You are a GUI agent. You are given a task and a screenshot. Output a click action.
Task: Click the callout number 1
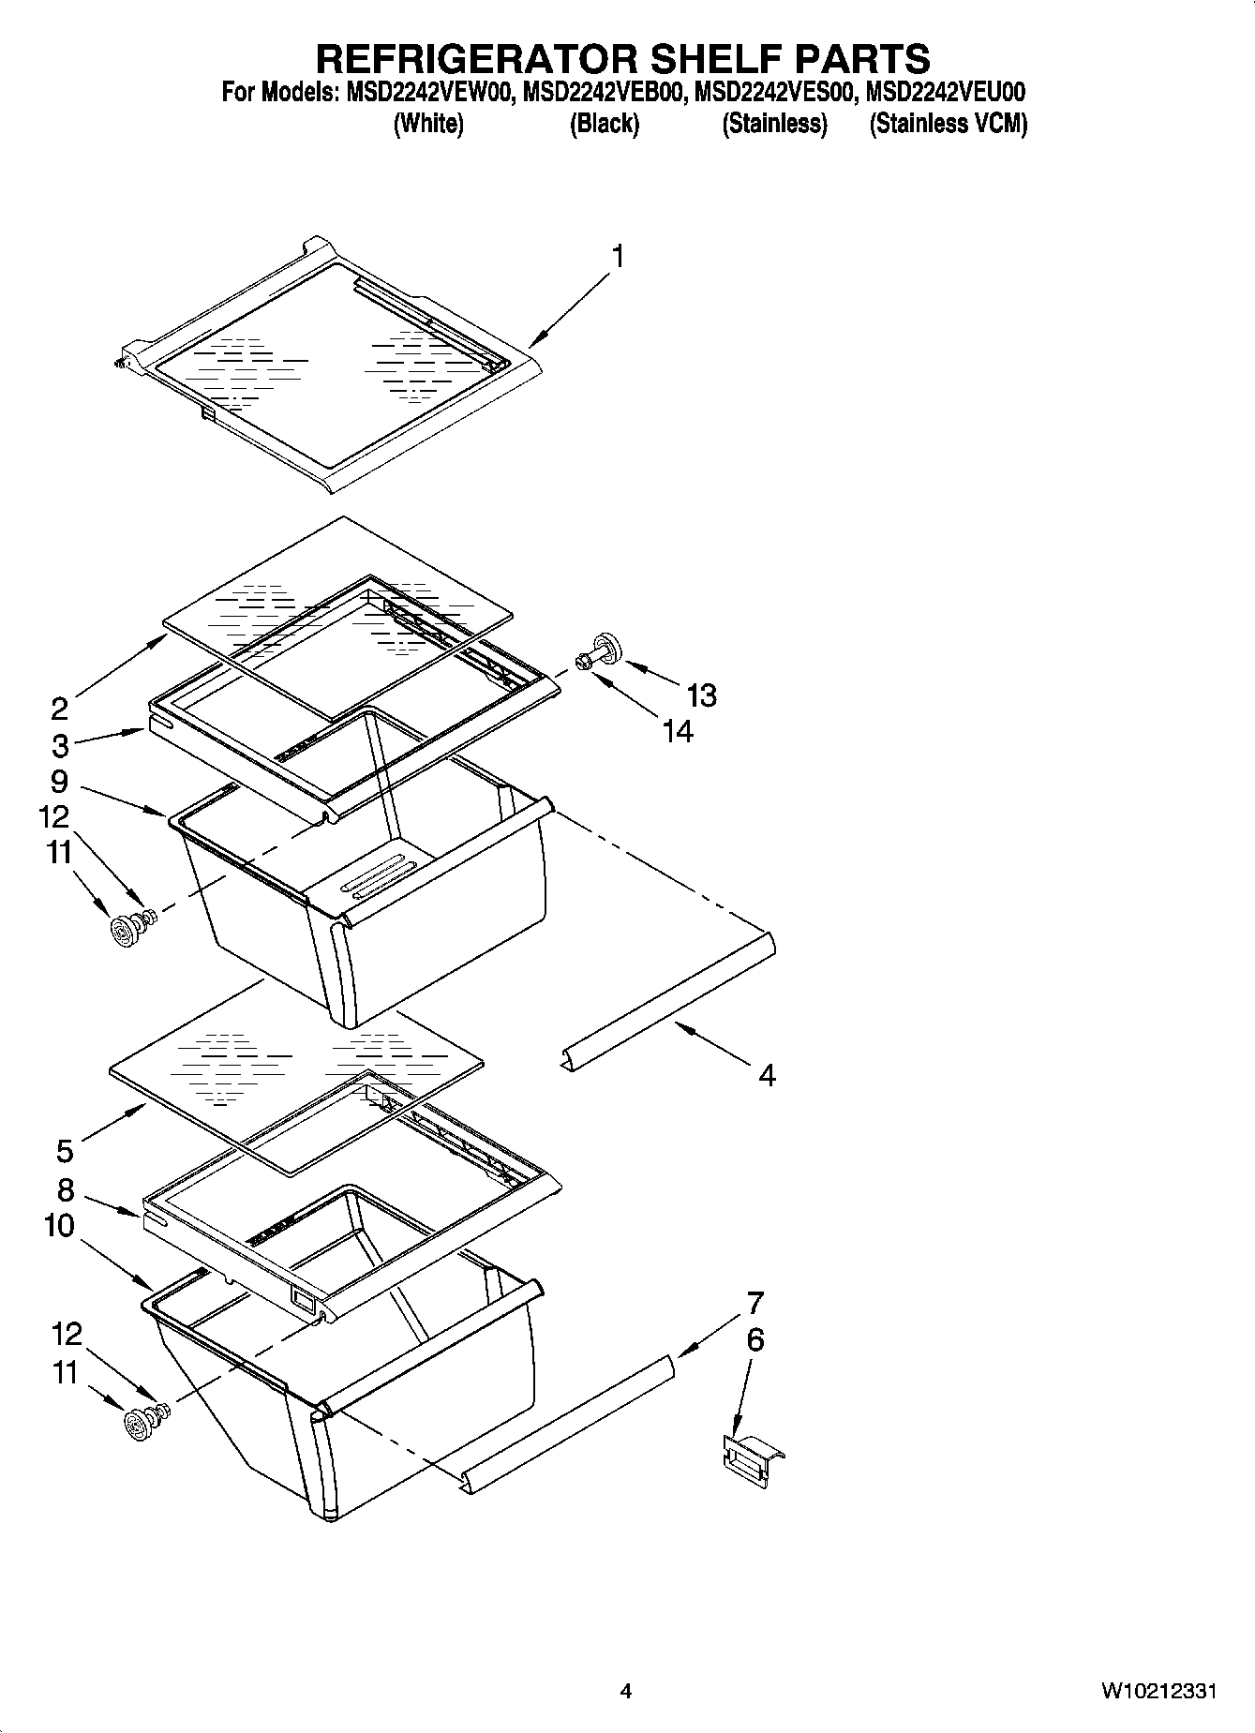(x=618, y=256)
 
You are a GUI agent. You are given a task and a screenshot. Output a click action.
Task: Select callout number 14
(x=678, y=731)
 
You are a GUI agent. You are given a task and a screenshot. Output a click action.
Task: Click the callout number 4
(x=767, y=1075)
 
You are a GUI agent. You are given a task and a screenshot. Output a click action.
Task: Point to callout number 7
(x=754, y=1303)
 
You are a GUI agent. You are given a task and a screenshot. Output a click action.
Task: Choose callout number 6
(x=754, y=1340)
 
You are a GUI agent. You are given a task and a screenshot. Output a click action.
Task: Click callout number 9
(x=59, y=781)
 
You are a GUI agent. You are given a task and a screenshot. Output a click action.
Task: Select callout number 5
(x=64, y=1149)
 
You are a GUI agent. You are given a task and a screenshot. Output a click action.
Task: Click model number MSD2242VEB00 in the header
(x=605, y=92)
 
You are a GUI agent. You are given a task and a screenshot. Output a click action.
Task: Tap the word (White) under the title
(x=428, y=124)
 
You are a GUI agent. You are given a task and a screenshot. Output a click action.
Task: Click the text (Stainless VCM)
(x=948, y=124)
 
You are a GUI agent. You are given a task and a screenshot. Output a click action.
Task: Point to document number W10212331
(x=1158, y=1692)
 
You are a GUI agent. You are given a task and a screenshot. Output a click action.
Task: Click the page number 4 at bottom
(x=626, y=1692)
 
